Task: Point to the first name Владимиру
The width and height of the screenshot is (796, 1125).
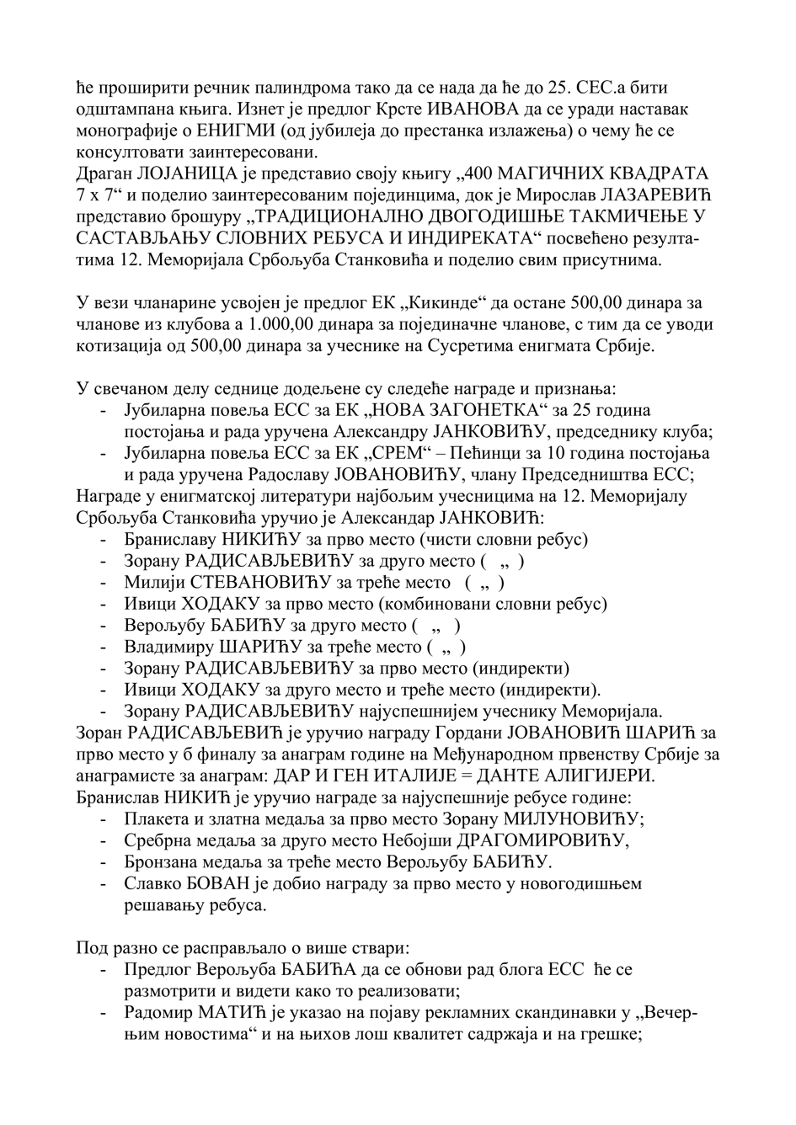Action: pyautogui.click(x=168, y=647)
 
